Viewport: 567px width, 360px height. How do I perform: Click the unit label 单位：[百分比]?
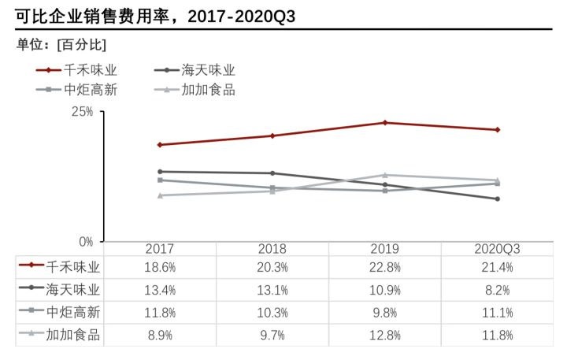[61, 43]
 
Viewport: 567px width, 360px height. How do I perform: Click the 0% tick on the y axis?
[87, 241]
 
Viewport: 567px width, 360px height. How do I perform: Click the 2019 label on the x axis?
[385, 249]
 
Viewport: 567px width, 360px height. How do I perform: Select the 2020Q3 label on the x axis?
[498, 249]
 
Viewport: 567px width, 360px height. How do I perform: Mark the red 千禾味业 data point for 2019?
[385, 123]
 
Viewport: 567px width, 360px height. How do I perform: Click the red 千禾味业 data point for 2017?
[160, 145]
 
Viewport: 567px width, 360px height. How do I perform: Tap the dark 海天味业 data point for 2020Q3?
[498, 199]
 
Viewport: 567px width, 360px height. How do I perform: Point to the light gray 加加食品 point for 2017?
[160, 195]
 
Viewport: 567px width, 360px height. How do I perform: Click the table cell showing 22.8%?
[385, 268]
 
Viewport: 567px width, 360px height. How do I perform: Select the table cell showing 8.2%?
[498, 290]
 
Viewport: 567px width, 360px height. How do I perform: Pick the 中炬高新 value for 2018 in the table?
[272, 313]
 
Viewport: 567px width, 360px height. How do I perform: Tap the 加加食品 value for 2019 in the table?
[385, 336]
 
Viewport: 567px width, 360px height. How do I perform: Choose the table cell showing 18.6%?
[160, 268]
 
